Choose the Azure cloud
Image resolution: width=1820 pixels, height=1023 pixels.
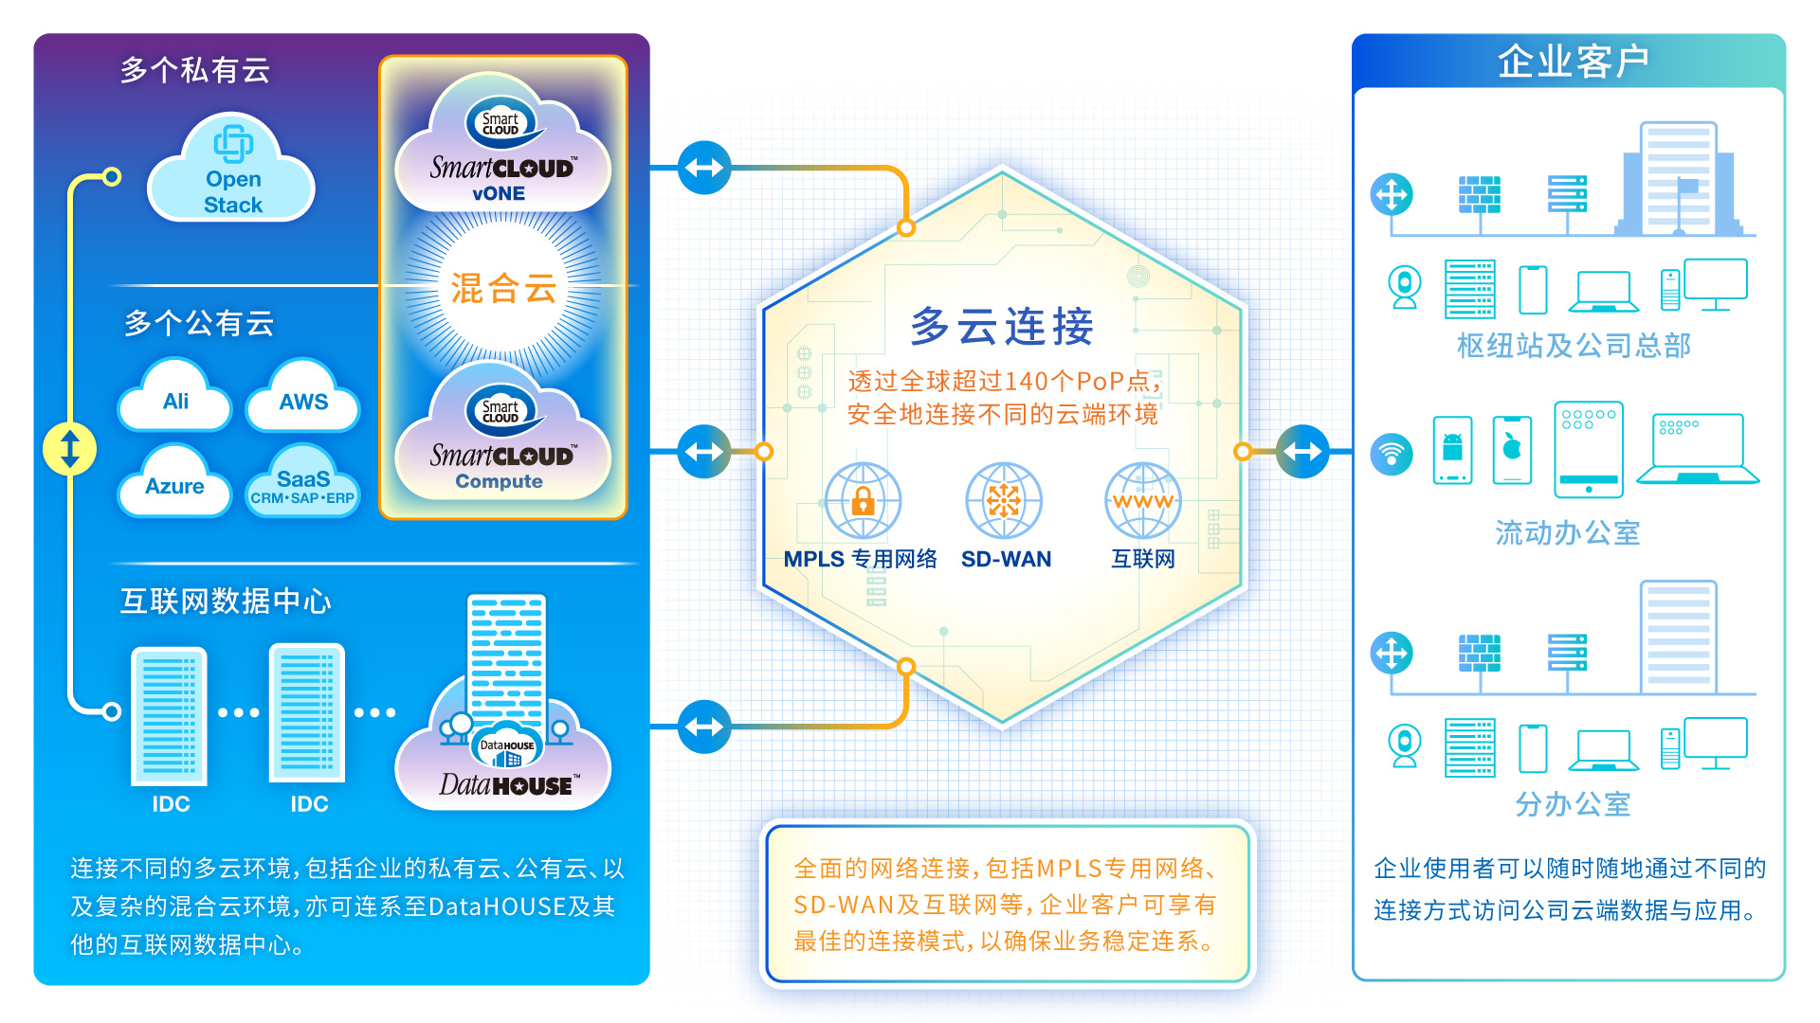[175, 484]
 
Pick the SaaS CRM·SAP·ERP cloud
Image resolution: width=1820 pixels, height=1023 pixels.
[302, 484]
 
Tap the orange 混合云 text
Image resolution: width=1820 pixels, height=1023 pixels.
[503, 288]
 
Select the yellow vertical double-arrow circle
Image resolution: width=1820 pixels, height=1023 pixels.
[70, 448]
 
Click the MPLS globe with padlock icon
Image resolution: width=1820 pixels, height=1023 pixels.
[863, 499]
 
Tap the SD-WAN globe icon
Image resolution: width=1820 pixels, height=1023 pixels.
[1004, 499]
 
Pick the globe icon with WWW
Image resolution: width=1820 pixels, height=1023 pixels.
[1143, 499]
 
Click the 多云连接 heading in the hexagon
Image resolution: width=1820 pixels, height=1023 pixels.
[1002, 327]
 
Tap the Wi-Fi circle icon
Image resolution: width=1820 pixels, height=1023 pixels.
[1392, 454]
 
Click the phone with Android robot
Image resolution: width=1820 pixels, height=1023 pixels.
[1452, 450]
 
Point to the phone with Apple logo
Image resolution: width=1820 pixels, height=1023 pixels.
[1512, 450]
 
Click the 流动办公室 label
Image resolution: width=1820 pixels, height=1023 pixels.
[1568, 533]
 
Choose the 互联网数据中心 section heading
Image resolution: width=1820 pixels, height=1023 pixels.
[226, 601]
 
